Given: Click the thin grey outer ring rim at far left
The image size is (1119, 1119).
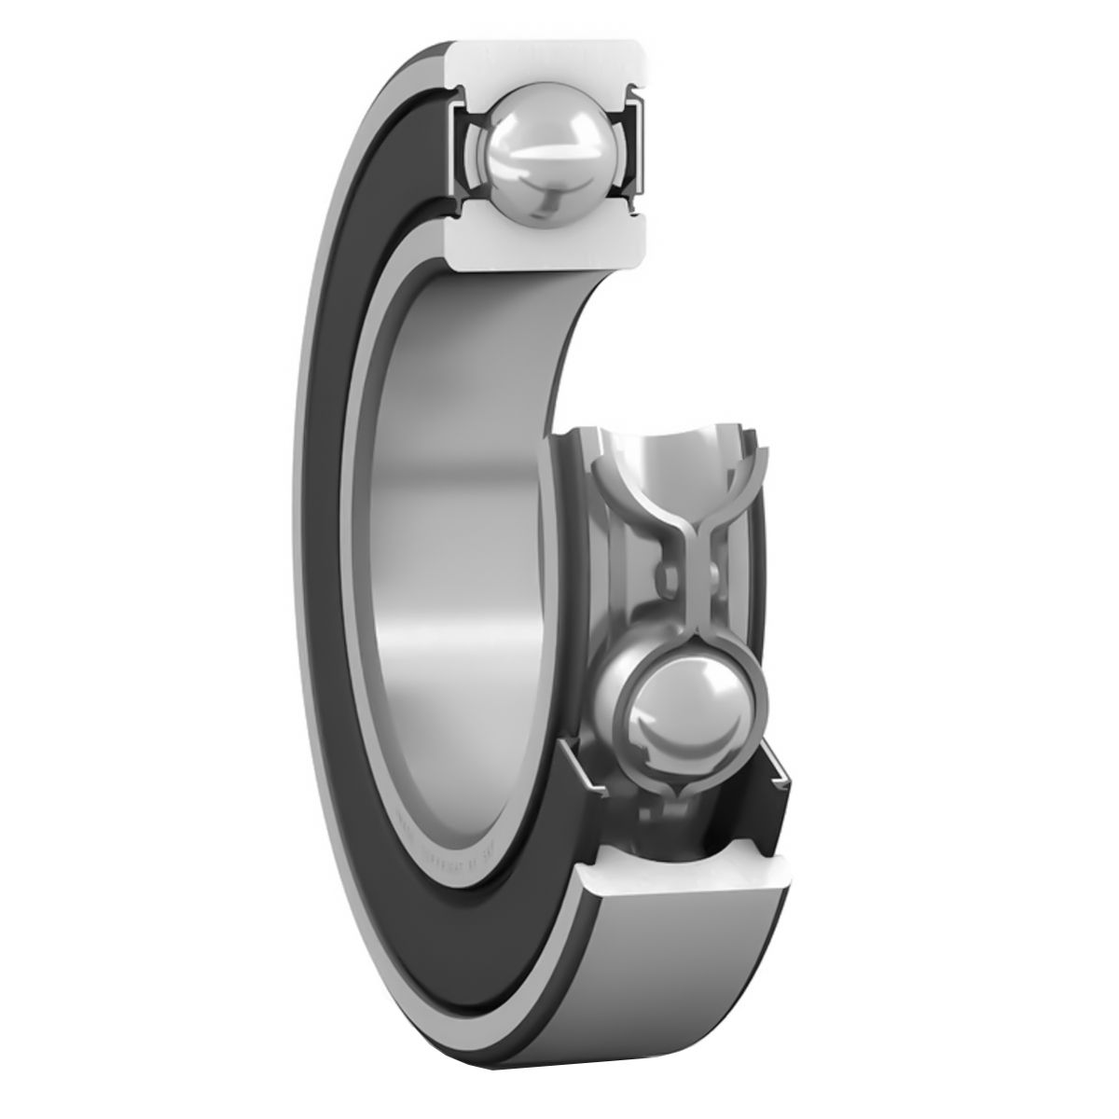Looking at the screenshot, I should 298,559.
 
